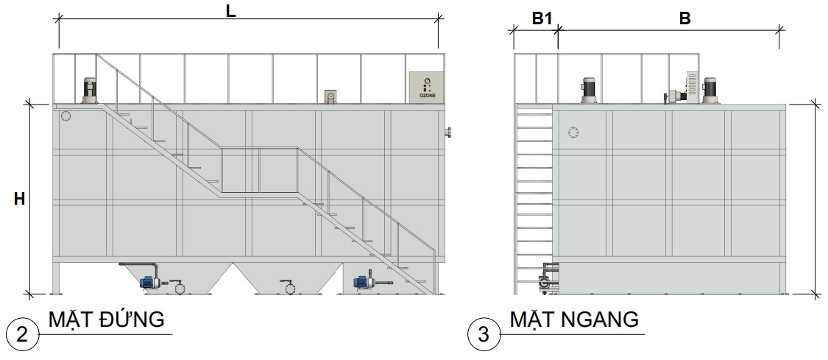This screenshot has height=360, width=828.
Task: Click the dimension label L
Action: (x=231, y=12)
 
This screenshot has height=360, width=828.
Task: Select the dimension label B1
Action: (x=542, y=19)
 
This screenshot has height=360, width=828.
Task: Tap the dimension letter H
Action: (x=20, y=199)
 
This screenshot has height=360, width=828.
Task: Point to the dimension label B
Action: (x=684, y=19)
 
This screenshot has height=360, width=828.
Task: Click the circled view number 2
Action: (x=22, y=334)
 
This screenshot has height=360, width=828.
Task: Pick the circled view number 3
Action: (x=484, y=334)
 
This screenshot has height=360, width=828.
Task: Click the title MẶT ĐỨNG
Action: (x=107, y=320)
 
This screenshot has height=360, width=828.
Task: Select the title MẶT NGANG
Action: (x=574, y=320)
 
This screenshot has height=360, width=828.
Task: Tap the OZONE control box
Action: (x=427, y=88)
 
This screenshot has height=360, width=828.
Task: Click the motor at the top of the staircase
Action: (x=90, y=91)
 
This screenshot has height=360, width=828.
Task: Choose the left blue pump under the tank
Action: (x=149, y=283)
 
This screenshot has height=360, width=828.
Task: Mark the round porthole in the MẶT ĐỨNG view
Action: (x=66, y=116)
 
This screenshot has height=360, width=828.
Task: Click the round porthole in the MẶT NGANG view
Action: (x=574, y=132)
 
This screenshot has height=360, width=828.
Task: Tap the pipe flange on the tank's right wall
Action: (x=449, y=133)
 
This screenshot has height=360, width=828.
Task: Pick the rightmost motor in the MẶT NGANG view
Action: (x=710, y=91)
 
